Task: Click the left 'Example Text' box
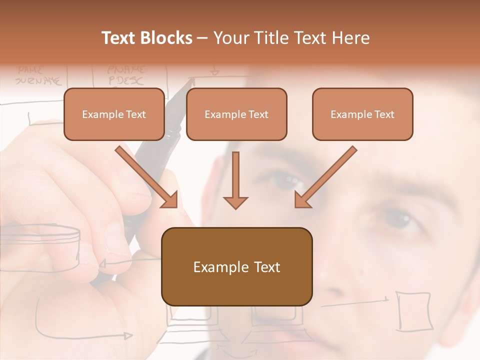coord(114,114)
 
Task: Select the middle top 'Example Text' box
coord(236,114)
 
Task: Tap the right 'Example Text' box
coord(362,114)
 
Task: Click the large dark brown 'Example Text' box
coord(236,266)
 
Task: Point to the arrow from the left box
coord(147,177)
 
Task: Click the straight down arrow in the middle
coord(235,180)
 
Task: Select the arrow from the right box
coord(325,177)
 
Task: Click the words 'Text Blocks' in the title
coord(147,38)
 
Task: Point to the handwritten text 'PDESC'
coord(125,80)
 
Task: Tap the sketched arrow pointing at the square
coord(355,301)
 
